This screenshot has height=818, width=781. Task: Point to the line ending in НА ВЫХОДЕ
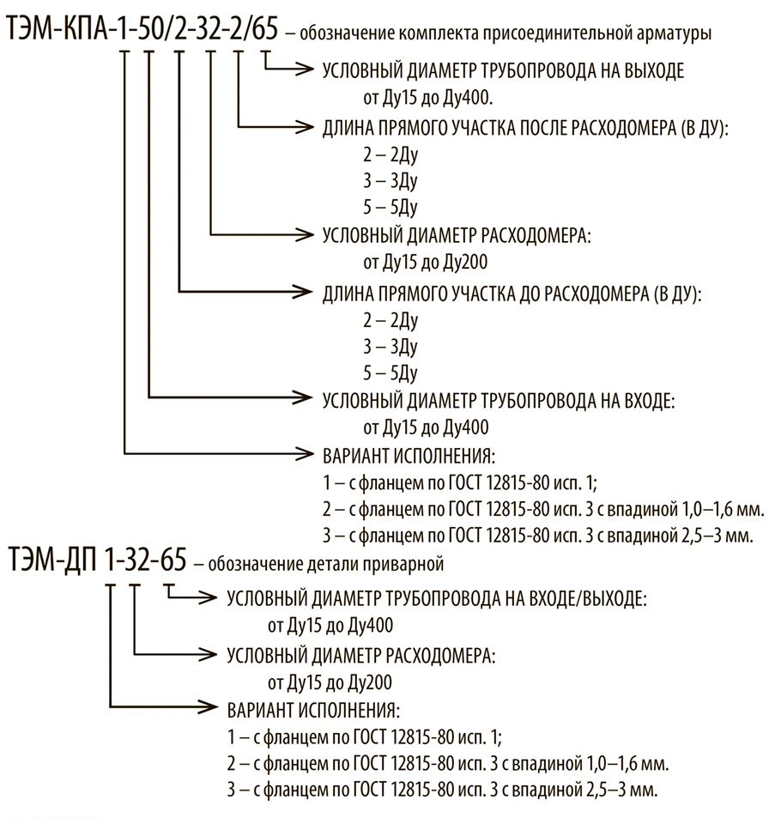click(503, 71)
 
